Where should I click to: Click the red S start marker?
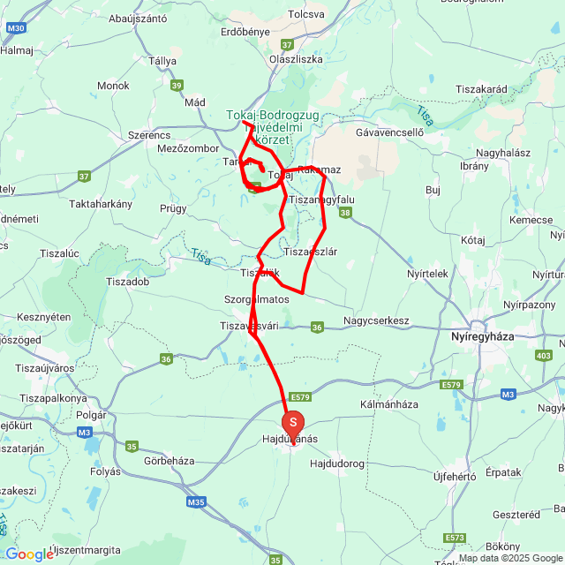(293, 423)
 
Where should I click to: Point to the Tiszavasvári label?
(249, 326)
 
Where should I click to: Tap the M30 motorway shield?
(15, 28)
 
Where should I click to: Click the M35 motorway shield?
(196, 502)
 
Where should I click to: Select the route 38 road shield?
(345, 213)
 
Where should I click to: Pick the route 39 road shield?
(177, 86)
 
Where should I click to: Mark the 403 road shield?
(543, 355)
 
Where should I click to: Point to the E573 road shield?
(456, 538)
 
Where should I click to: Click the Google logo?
(29, 554)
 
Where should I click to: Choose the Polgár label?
(91, 415)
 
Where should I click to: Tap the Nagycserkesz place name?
(377, 320)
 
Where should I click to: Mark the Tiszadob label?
(131, 282)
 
